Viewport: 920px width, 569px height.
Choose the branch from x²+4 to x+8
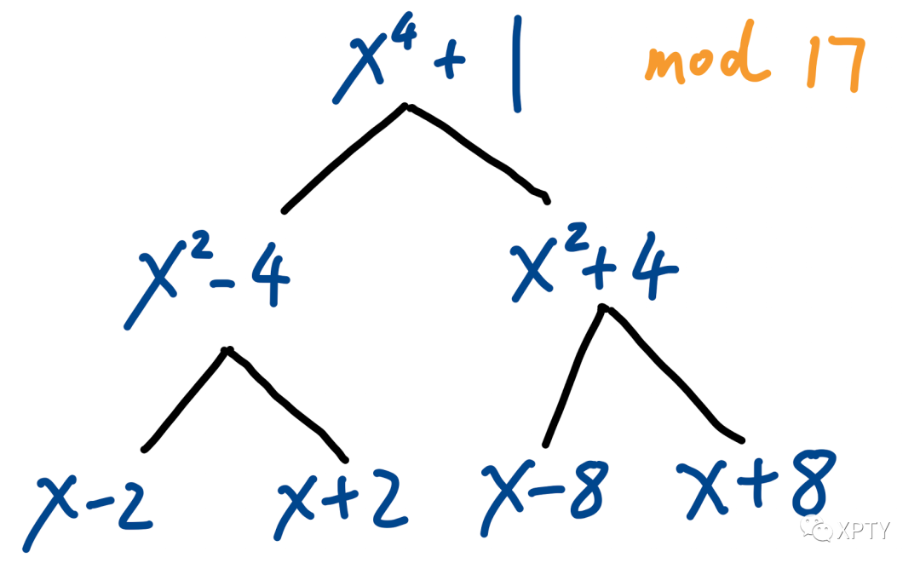tap(673, 375)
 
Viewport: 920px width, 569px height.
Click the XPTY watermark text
tap(862, 530)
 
